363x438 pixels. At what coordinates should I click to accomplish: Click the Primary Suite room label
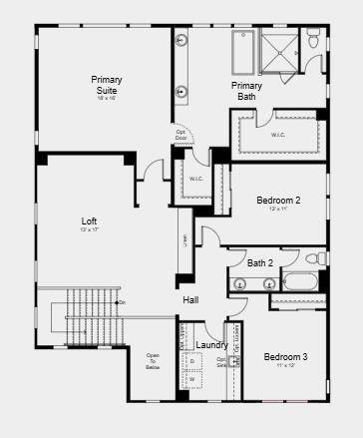[107, 85]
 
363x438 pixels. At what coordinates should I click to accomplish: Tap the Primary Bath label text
[246, 91]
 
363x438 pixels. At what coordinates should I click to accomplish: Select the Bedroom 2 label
[278, 201]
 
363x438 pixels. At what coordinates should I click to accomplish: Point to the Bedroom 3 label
[285, 356]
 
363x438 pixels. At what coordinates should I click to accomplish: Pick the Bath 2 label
[261, 263]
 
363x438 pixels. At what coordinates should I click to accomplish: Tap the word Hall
[190, 299]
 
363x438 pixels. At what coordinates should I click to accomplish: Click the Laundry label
[211, 345]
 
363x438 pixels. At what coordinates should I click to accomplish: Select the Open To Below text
[153, 361]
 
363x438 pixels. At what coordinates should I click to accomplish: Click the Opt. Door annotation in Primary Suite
[181, 135]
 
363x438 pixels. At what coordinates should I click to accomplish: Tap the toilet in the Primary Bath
[313, 42]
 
